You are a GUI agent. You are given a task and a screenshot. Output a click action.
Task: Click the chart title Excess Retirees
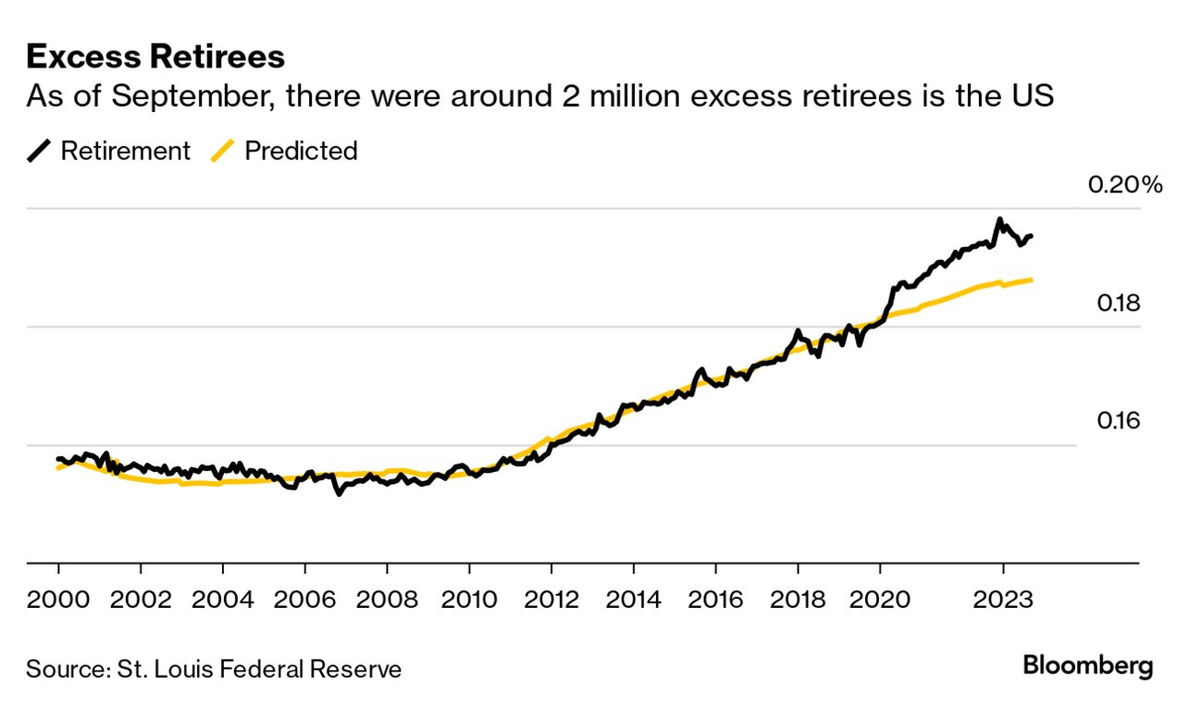click(x=155, y=56)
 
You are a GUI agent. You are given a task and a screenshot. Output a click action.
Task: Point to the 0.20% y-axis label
click(x=1124, y=185)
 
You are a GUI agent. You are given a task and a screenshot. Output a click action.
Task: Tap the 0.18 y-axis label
click(x=1117, y=304)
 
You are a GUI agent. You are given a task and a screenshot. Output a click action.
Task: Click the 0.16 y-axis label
click(x=1117, y=421)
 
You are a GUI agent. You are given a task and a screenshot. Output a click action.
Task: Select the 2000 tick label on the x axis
click(x=58, y=599)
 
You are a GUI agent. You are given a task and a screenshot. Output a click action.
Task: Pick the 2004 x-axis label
click(x=222, y=599)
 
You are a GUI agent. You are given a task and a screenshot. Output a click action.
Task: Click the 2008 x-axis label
click(x=387, y=599)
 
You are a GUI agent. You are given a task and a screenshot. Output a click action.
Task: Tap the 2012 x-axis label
click(x=551, y=599)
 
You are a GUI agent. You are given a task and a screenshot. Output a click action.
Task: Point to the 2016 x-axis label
click(x=715, y=599)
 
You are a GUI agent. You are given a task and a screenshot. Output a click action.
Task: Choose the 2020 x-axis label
click(x=879, y=599)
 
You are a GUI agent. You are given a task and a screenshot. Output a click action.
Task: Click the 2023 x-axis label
click(x=1002, y=599)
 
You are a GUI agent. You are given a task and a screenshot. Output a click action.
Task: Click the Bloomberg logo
click(x=1087, y=665)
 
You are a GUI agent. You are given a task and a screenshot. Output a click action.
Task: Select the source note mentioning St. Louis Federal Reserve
click(x=214, y=669)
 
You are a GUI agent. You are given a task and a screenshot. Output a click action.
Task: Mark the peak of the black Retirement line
click(x=999, y=219)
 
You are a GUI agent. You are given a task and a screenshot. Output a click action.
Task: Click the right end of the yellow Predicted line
click(x=1031, y=279)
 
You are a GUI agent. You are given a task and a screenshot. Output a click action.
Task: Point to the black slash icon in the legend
click(x=39, y=151)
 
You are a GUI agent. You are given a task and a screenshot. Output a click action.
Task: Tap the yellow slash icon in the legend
click(x=222, y=151)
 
